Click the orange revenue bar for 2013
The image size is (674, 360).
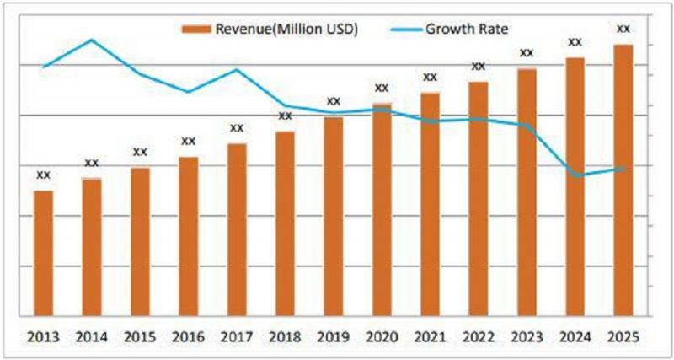click(43, 253)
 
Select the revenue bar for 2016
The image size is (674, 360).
click(189, 236)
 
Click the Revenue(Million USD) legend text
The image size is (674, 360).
click(287, 30)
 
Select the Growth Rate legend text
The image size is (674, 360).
click(466, 30)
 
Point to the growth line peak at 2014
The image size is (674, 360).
click(92, 40)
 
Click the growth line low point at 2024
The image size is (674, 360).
click(576, 175)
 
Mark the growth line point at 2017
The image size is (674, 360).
click(237, 70)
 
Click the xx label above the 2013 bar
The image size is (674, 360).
click(43, 175)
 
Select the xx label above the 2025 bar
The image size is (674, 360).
click(623, 29)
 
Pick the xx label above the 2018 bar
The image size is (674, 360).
click(285, 116)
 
